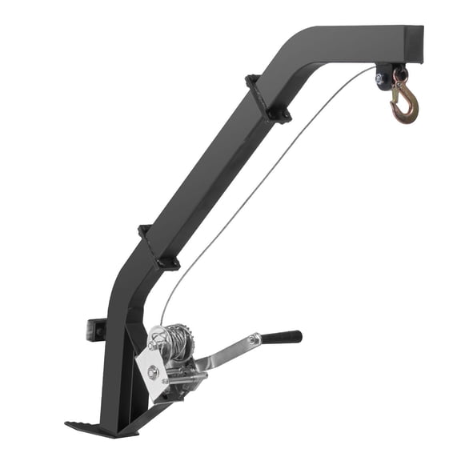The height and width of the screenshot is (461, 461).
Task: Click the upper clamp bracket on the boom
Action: [x=266, y=98]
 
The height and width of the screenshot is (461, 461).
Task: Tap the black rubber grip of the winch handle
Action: [x=280, y=337]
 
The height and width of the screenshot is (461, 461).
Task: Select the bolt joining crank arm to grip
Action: [x=254, y=341]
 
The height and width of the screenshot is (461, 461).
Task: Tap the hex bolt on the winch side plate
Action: [x=152, y=369]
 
